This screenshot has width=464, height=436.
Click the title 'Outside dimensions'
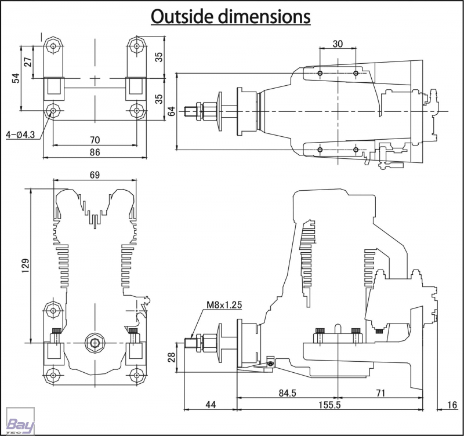[230, 17]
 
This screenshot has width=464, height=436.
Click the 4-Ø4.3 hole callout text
[20, 135]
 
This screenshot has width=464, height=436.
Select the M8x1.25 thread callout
[224, 304]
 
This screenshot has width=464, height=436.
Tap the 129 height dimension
[26, 266]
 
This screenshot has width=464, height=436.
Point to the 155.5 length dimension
[329, 405]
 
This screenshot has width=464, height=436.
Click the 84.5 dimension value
[287, 393]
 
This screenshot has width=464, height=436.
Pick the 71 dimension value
[380, 393]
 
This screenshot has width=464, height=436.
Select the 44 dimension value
[211, 405]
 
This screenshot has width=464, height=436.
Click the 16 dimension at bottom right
[452, 405]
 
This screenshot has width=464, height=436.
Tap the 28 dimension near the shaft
[172, 357]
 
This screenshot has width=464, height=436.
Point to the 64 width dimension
[172, 111]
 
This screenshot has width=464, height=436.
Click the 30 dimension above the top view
[338, 44]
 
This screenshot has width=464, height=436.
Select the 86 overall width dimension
[95, 152]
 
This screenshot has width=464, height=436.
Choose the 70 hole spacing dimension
[95, 140]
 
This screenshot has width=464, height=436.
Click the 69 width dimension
[95, 175]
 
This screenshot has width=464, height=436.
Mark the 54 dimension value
[16, 78]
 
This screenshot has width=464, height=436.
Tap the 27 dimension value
[28, 62]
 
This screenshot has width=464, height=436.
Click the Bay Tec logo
[20, 421]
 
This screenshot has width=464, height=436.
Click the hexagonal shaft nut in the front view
[95, 343]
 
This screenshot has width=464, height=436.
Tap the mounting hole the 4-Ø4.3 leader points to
[53, 110]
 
